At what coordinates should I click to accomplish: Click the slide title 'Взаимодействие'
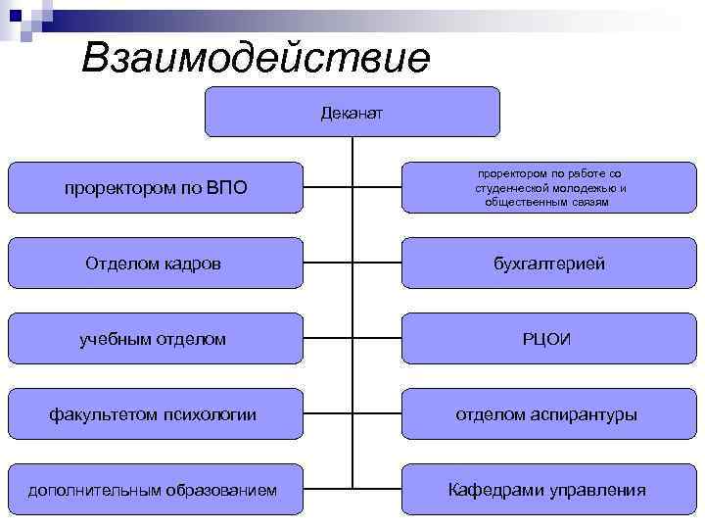[256, 58]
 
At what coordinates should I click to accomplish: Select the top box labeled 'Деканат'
[352, 112]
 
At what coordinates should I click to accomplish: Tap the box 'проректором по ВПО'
[156, 187]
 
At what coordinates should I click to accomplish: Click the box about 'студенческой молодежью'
[548, 187]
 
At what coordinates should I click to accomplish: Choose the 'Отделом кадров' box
[156, 264]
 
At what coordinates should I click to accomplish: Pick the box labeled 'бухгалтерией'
[548, 264]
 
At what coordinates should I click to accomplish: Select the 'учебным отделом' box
[156, 339]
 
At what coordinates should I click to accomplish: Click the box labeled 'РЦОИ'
[548, 339]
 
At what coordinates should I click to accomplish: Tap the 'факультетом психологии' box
[156, 414]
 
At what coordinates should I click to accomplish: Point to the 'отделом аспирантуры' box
[548, 414]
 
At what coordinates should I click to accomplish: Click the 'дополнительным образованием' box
[156, 490]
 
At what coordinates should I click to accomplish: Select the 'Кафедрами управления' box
[548, 490]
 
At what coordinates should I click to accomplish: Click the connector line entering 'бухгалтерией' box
[377, 264]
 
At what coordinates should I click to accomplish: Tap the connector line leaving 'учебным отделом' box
[327, 339]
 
